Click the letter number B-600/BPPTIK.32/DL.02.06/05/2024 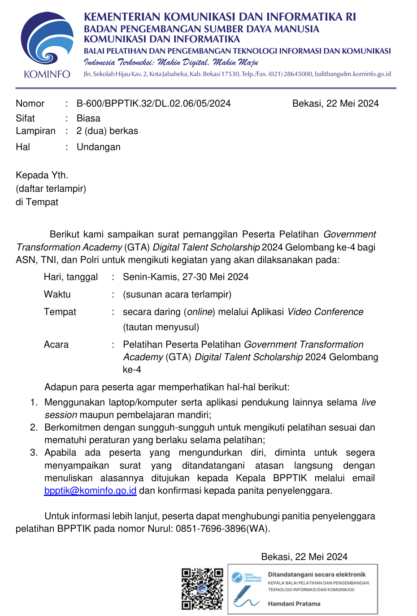(x=153, y=103)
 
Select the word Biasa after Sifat (x=88, y=118)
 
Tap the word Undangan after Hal (x=99, y=147)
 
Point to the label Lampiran (x=35, y=131)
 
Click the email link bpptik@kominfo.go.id (x=90, y=491)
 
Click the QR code (x=202, y=589)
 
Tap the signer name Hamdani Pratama (x=294, y=603)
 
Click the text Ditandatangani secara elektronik (x=317, y=574)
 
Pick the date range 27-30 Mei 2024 (x=215, y=277)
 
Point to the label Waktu (x=57, y=294)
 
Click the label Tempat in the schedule (x=60, y=312)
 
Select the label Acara (x=56, y=345)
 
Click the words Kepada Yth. (x=42, y=175)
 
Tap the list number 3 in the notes (x=34, y=452)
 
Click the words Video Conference (x=325, y=312)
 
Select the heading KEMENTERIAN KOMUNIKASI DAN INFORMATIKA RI (x=220, y=17)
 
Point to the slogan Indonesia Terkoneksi (x=118, y=62)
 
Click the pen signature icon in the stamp (x=244, y=596)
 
